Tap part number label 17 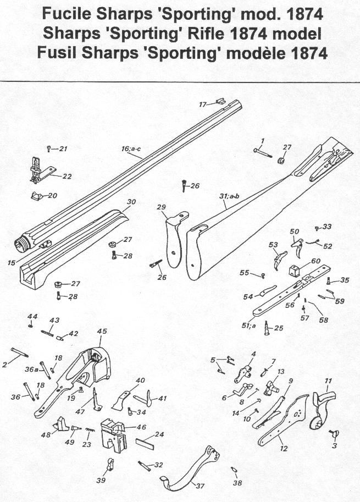pos(202,104)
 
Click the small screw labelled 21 pos(49,148)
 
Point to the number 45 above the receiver pos(102,332)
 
